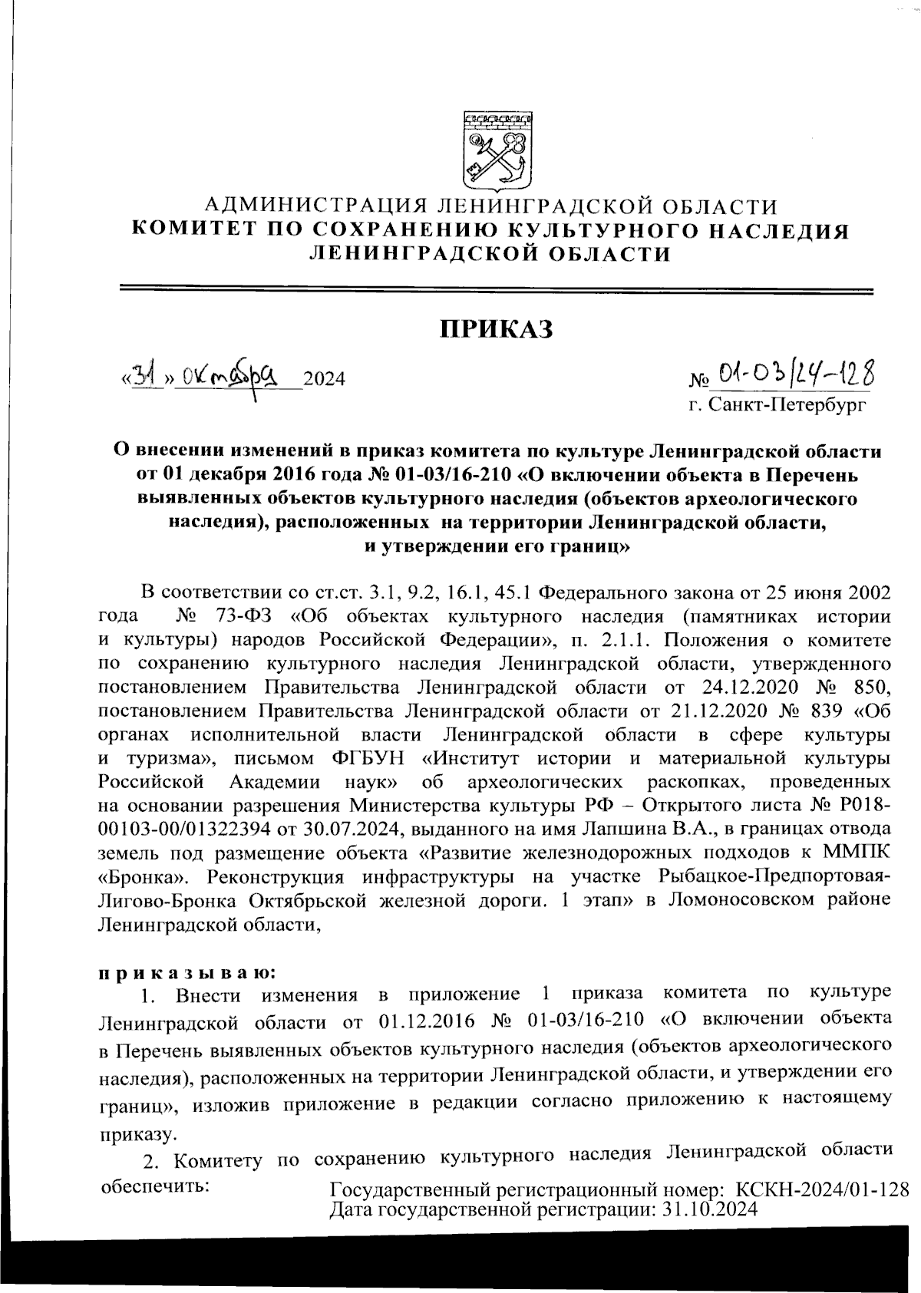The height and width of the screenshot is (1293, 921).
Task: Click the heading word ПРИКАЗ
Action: click(x=496, y=330)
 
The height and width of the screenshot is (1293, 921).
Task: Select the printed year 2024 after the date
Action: click(x=324, y=379)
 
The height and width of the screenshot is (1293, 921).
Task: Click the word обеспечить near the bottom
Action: click(x=156, y=1186)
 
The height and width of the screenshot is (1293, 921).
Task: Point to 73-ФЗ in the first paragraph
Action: click(x=241, y=616)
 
